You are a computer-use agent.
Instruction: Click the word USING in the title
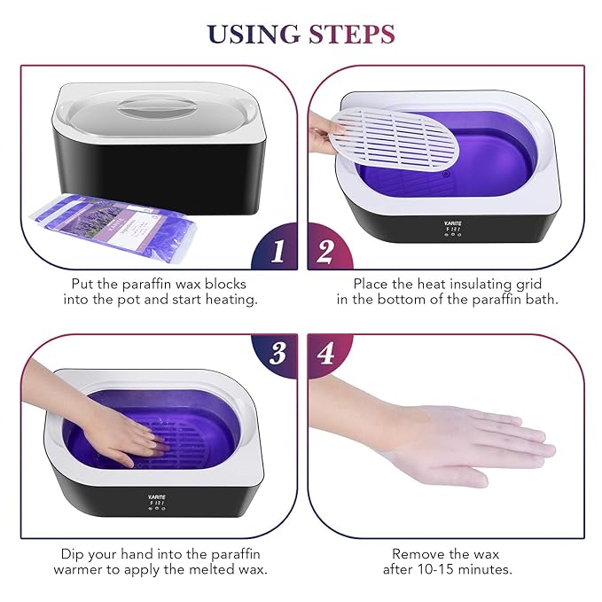[x=254, y=35]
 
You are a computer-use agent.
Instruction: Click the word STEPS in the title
[x=351, y=35]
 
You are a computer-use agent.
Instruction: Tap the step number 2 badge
[x=325, y=252]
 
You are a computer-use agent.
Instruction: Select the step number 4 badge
[x=325, y=354]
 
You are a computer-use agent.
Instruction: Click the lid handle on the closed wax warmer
[x=160, y=108]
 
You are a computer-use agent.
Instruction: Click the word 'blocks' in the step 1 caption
[x=225, y=284]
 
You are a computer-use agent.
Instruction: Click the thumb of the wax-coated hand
[x=443, y=475]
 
